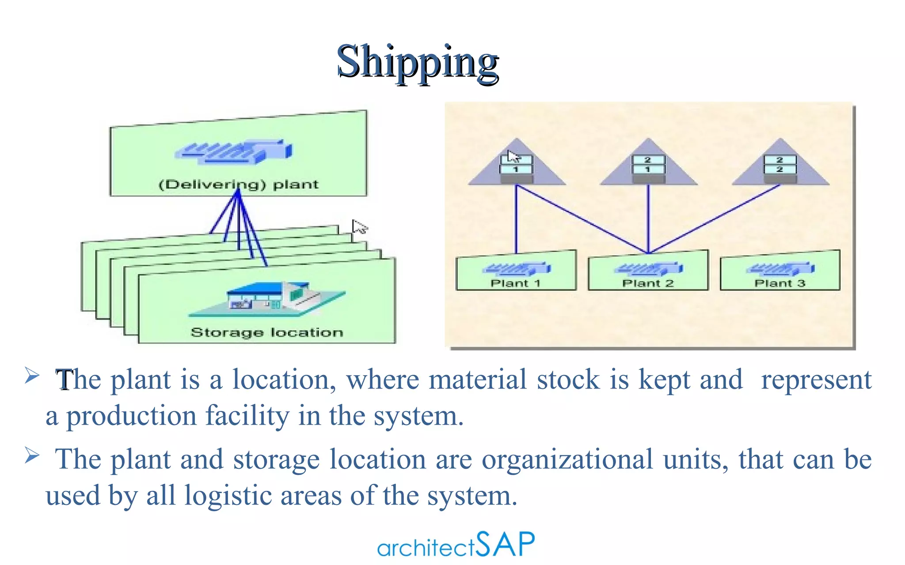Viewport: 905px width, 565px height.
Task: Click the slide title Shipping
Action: pyautogui.click(x=418, y=62)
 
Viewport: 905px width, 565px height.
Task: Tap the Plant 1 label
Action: pyautogui.click(x=515, y=283)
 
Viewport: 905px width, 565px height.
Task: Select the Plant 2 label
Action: pyautogui.click(x=648, y=283)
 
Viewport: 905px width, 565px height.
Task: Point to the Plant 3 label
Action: pyautogui.click(x=780, y=283)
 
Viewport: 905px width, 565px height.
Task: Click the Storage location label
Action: pyautogui.click(x=267, y=332)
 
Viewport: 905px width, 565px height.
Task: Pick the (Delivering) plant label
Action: pyautogui.click(x=238, y=185)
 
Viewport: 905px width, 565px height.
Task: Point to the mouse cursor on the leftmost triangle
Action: pyautogui.click(x=513, y=156)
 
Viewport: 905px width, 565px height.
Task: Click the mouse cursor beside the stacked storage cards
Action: pyautogui.click(x=359, y=227)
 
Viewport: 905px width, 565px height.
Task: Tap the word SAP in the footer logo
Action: pyautogui.click(x=506, y=544)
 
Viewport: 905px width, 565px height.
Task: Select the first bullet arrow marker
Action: pyautogui.click(x=32, y=375)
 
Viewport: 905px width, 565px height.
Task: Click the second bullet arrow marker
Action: pyautogui.click(x=32, y=455)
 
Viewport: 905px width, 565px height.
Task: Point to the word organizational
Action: pyautogui.click(x=567, y=460)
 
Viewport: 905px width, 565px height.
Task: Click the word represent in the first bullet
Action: pyautogui.click(x=816, y=380)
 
